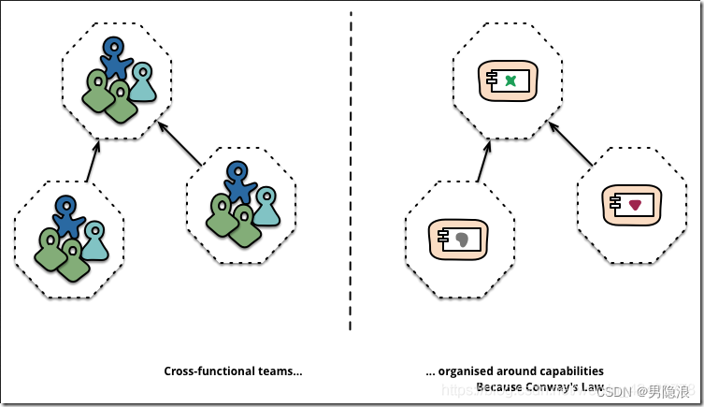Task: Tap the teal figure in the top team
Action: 142,82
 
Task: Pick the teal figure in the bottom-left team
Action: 93,240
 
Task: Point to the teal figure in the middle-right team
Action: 266,207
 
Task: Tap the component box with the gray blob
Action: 455,240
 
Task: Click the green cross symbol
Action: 510,81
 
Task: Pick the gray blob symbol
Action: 462,240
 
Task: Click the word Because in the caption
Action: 496,385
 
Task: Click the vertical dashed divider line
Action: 351,168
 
